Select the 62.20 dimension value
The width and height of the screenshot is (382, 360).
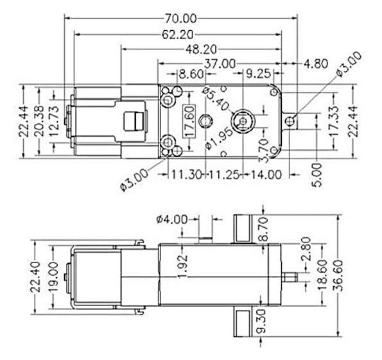click(x=178, y=34)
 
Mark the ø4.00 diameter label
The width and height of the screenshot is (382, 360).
click(x=171, y=219)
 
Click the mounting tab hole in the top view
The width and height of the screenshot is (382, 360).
click(x=291, y=120)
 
